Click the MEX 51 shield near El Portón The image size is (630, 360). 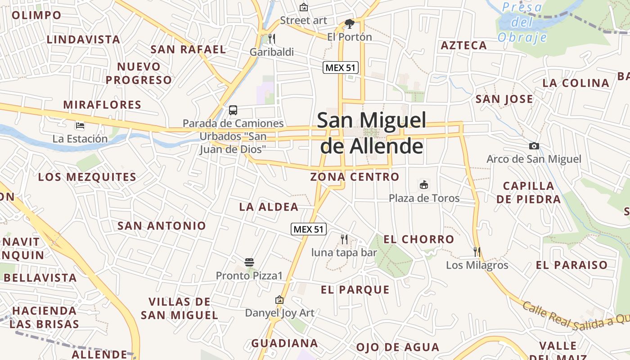[340, 68]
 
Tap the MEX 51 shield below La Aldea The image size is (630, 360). [308, 229]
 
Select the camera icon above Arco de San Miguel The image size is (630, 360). [534, 146]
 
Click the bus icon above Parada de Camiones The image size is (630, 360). [233, 110]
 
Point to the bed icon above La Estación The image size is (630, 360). [80, 125]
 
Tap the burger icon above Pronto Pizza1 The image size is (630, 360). [249, 262]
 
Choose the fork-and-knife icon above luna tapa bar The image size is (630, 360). [344, 239]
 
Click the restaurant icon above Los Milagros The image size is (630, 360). [477, 252]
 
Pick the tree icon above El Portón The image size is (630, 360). [350, 23]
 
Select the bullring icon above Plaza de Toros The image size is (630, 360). [424, 184]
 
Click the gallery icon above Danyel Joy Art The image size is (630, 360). [279, 299]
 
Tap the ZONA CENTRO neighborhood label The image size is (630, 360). [355, 177]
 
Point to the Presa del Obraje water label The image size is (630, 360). [522, 22]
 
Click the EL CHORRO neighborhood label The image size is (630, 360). [418, 239]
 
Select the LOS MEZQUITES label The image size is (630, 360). [87, 177]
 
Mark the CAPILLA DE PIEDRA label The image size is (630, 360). [529, 193]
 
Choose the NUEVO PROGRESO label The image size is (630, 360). [139, 73]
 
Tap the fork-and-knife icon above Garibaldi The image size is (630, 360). [271, 38]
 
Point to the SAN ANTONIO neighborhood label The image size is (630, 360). [162, 226]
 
